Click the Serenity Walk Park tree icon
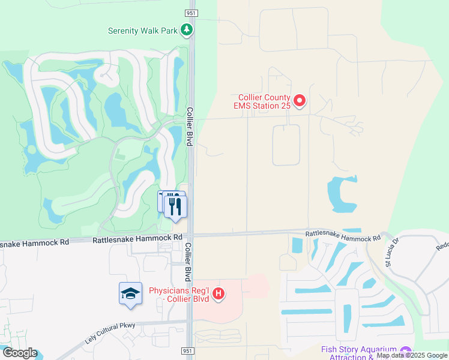pyautogui.click(x=187, y=29)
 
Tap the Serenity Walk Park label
pyautogui.click(x=143, y=31)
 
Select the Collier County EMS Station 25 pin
pyautogui.click(x=300, y=101)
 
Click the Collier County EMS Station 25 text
pyautogui.click(x=264, y=101)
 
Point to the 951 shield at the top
pyautogui.click(x=191, y=13)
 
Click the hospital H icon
pyautogui.click(x=220, y=294)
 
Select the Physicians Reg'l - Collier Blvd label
pyautogui.click(x=181, y=295)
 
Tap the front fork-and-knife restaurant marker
pyautogui.click(x=175, y=207)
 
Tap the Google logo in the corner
pyautogui.click(x=19, y=353)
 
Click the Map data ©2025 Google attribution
pyautogui.click(x=412, y=355)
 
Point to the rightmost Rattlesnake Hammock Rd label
pyautogui.click(x=343, y=236)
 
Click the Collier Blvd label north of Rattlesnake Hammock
pyautogui.click(x=189, y=126)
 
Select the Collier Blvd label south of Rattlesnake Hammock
pyautogui.click(x=188, y=262)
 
